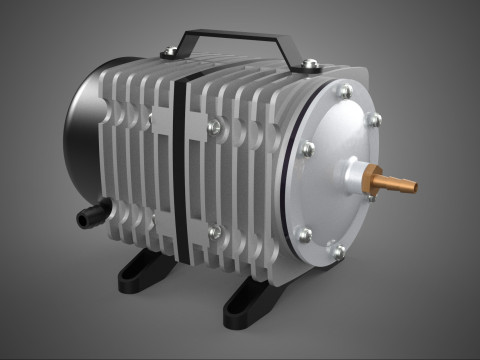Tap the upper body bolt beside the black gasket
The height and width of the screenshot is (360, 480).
pos(214,126)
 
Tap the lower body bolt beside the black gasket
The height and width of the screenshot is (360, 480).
pos(214,231)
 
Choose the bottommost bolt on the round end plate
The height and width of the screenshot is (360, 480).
pos(338,252)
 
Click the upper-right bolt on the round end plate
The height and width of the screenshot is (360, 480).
pos(374,120)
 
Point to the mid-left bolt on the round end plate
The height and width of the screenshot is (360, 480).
pos(307,149)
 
